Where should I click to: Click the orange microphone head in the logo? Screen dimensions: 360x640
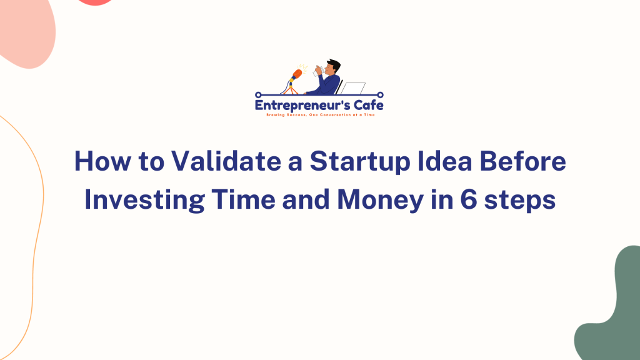(x=297, y=74)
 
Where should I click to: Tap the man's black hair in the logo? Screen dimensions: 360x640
(x=334, y=64)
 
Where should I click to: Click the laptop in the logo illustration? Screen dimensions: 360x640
(x=354, y=89)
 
